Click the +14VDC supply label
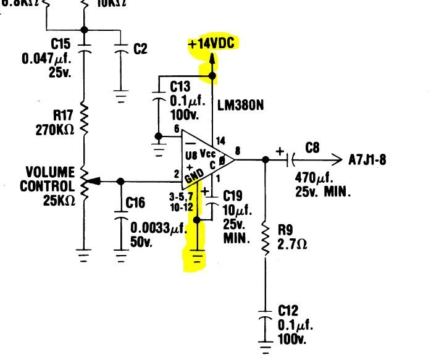213,44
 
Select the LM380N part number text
240,106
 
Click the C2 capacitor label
141,49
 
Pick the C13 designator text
181,86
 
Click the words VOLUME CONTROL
50,178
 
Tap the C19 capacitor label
233,197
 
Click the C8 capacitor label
312,148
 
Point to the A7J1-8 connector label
368,159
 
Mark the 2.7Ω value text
293,244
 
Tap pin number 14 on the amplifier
219,141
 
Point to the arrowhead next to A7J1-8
337,159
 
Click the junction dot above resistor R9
266,159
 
